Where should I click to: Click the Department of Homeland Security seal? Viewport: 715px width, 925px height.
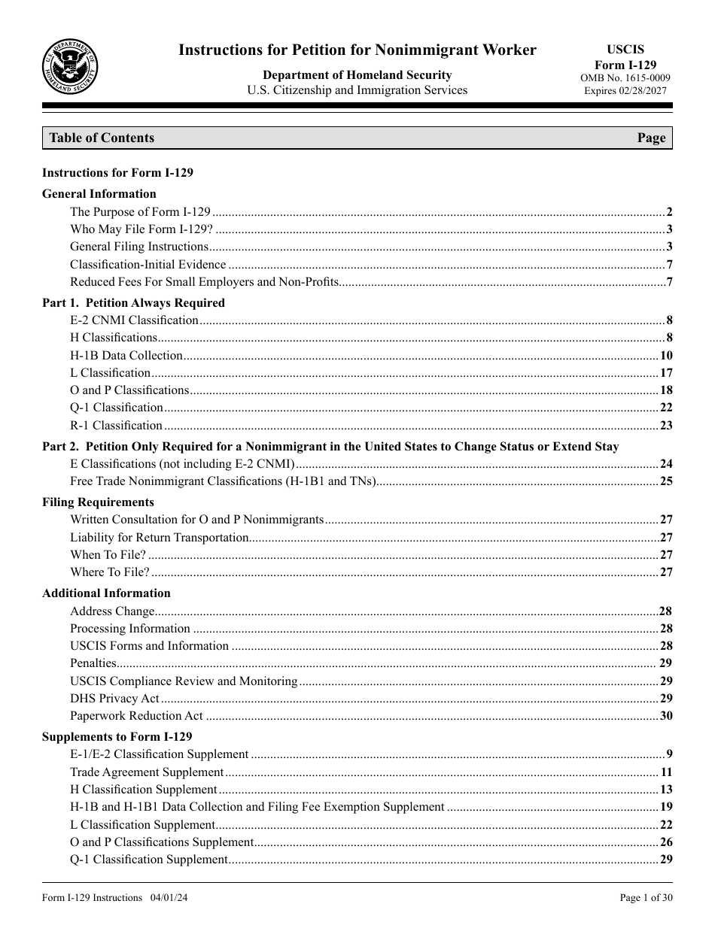[x=70, y=68]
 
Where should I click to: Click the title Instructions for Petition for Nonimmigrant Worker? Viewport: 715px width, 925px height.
[x=357, y=50]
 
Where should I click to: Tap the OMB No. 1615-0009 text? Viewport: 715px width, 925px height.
[x=625, y=78]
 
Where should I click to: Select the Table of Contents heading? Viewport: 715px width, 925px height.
[x=102, y=138]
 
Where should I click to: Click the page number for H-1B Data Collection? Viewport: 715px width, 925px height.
[x=666, y=356]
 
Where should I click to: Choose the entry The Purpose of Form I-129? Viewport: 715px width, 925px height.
[x=140, y=212]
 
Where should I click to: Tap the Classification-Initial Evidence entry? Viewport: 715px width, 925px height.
[x=148, y=264]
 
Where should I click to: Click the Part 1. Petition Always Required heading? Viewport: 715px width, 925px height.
[x=133, y=303]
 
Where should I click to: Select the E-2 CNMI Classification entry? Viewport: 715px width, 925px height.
[x=134, y=320]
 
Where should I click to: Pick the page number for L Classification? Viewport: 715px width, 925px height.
[x=666, y=373]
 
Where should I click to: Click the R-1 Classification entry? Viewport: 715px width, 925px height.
[x=116, y=426]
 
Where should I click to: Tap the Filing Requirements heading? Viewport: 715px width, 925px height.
[x=98, y=502]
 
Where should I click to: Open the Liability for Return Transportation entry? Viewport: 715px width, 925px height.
[x=160, y=538]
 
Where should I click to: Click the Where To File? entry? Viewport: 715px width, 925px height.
[x=110, y=572]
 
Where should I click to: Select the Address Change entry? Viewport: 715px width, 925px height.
[x=112, y=611]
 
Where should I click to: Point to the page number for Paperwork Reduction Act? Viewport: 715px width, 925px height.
[x=666, y=716]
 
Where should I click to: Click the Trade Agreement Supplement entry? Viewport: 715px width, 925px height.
[x=147, y=772]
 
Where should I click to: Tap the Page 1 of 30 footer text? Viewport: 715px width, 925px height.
[x=646, y=898]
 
